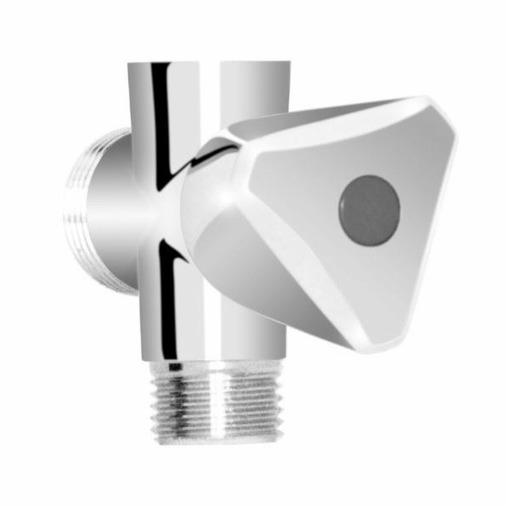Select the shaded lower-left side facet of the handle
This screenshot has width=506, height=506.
(253, 278)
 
